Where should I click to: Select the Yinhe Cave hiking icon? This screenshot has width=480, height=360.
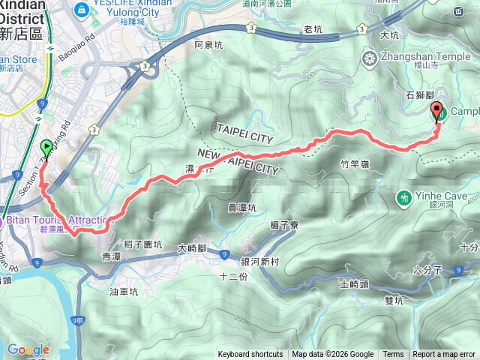tap(404, 198)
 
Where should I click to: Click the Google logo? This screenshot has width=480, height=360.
tap(28, 349)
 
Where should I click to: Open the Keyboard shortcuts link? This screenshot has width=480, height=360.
tap(250, 355)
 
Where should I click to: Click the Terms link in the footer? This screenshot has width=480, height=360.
tap(393, 355)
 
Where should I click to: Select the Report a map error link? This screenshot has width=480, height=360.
tap(445, 355)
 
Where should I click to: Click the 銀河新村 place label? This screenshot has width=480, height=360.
tap(259, 261)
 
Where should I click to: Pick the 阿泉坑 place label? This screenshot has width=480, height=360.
tap(208, 46)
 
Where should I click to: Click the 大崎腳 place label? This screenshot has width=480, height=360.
tap(192, 247)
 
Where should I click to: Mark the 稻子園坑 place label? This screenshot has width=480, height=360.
tap(142, 244)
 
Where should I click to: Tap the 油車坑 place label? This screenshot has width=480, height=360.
tap(124, 292)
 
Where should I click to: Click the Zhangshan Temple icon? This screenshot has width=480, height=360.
tap(370, 58)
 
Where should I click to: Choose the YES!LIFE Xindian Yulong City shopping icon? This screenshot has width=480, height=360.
tap(82, 9)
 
